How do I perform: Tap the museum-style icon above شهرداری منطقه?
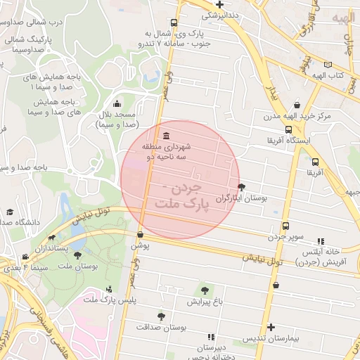pyautogui.click(x=165, y=136)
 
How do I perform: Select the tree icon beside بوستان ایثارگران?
pyautogui.click(x=243, y=187)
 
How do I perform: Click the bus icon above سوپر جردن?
pyautogui.click(x=285, y=226)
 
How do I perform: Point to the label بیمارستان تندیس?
pyautogui.click(x=271, y=338)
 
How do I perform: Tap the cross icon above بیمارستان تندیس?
pyautogui.click(x=271, y=327)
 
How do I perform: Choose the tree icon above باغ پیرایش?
pyautogui.click(x=204, y=290)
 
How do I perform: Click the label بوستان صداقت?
pyautogui.click(x=161, y=328)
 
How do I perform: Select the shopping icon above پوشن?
pyautogui.click(x=141, y=234)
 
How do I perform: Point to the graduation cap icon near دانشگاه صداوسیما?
pyautogui.click(x=10, y=212)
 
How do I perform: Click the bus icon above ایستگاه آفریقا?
pyautogui.click(x=288, y=129)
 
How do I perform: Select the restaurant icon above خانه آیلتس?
pyautogui.click(x=321, y=240)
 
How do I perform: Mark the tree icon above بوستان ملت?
pyautogui.click(x=77, y=255)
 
